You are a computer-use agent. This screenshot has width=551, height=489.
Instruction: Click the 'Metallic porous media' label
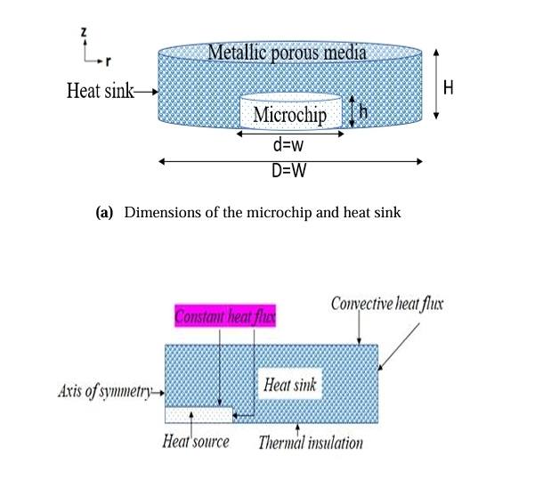(x=287, y=53)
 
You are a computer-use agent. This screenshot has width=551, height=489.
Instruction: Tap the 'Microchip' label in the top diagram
(x=289, y=115)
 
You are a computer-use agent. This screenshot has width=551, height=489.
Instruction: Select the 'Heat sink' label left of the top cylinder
(x=100, y=91)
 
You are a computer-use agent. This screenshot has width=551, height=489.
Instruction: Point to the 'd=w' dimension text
(x=288, y=145)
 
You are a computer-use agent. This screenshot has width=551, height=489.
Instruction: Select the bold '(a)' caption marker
(x=104, y=212)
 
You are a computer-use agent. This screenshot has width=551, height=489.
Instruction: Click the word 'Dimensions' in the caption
(x=163, y=212)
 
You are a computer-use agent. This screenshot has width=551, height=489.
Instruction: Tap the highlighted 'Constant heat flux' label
(x=225, y=316)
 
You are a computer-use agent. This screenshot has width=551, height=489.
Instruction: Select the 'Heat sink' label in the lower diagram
(x=289, y=386)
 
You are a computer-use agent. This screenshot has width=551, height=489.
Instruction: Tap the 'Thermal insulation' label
(x=311, y=442)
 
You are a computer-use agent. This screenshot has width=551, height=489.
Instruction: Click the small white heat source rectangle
(x=199, y=414)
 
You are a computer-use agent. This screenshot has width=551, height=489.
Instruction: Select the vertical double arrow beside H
(x=435, y=84)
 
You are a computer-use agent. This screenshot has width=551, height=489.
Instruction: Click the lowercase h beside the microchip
(x=363, y=112)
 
